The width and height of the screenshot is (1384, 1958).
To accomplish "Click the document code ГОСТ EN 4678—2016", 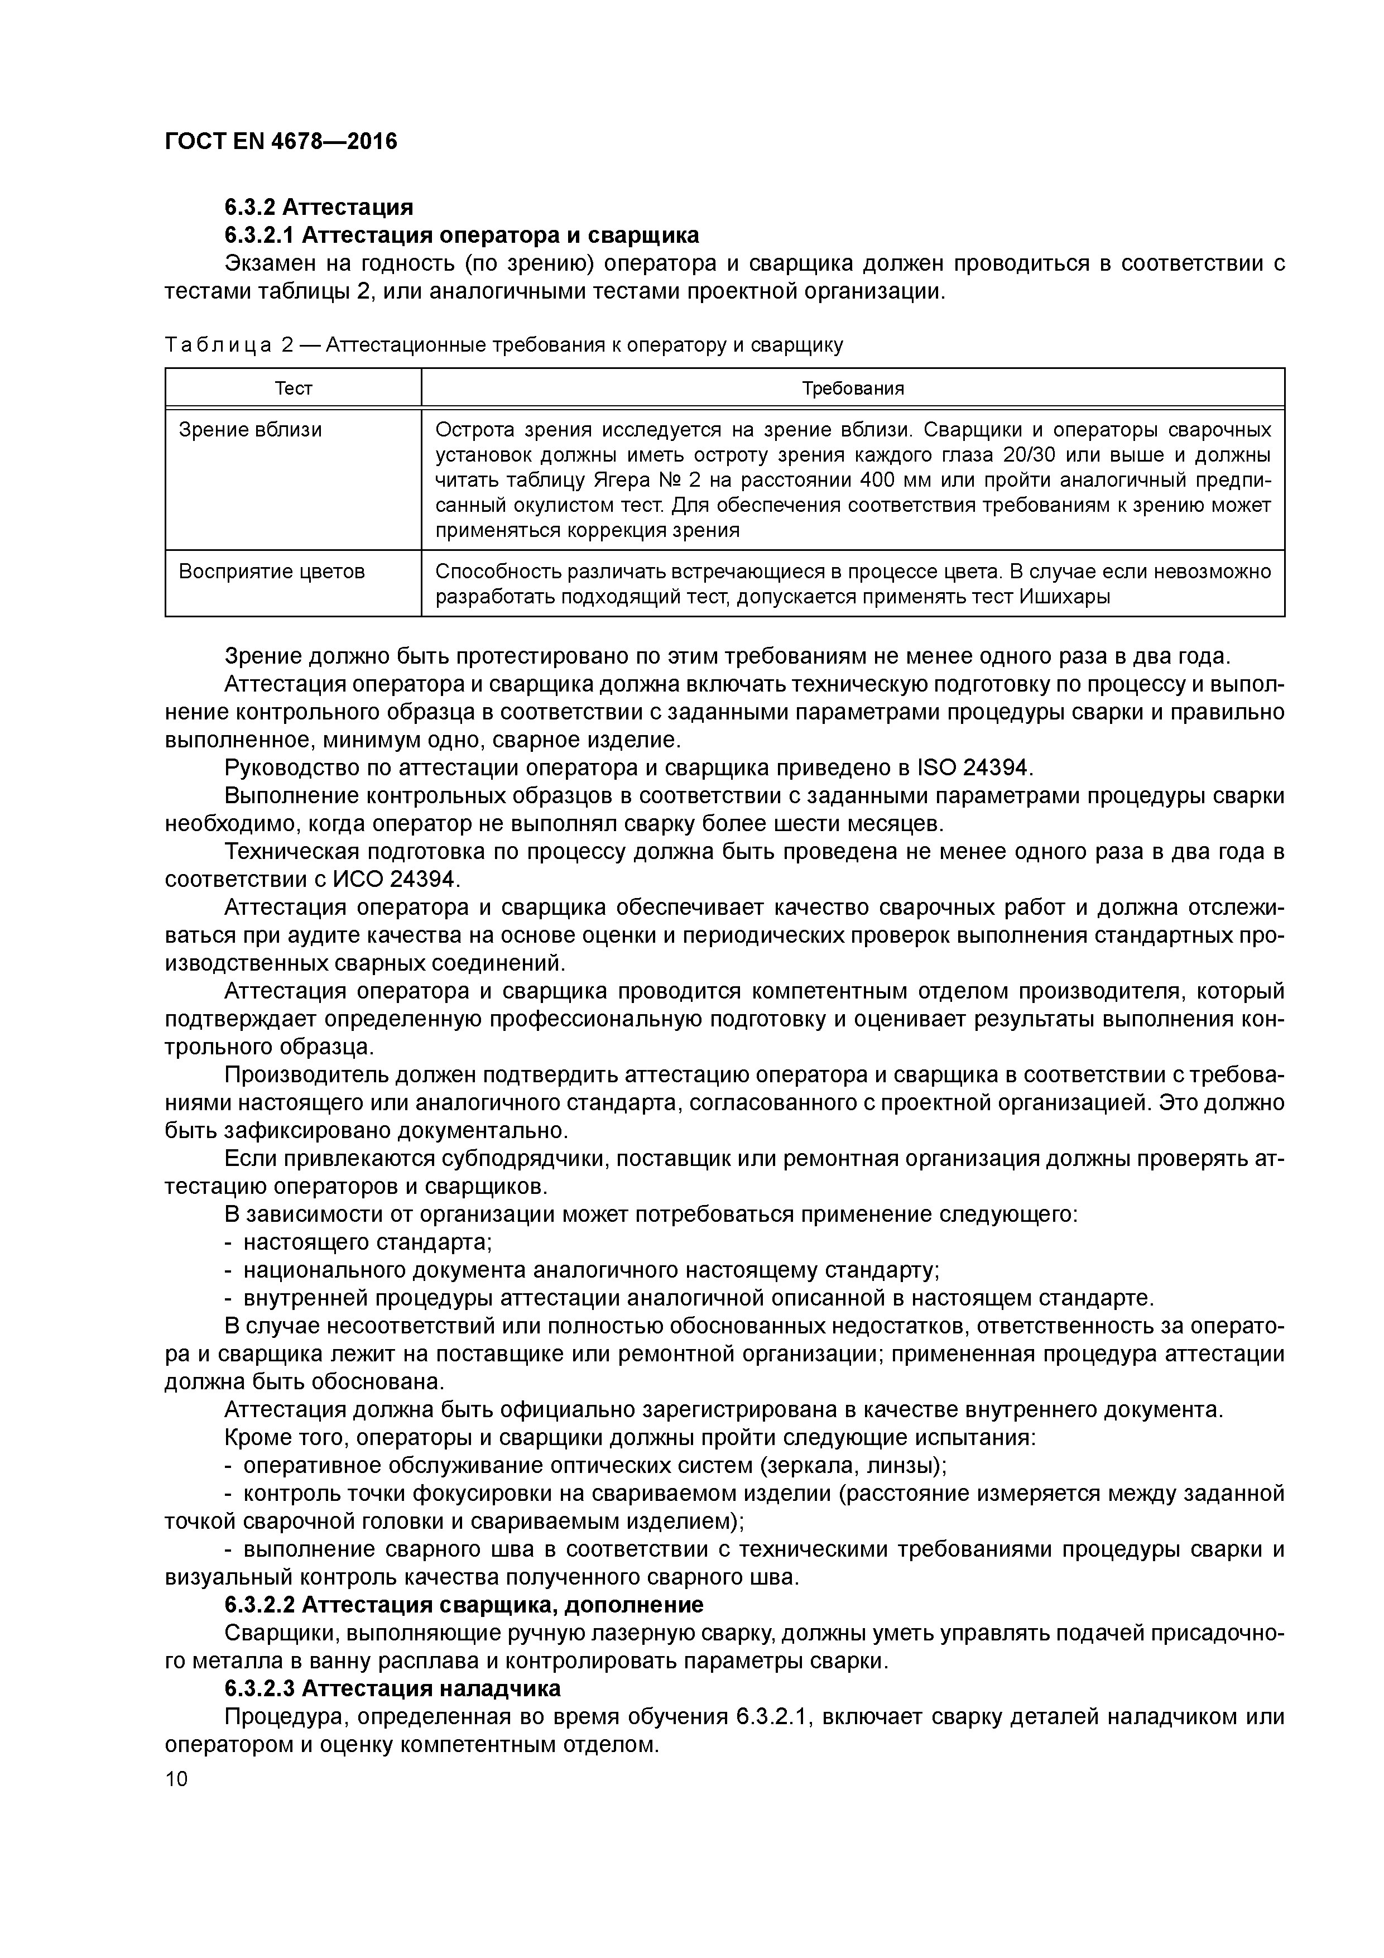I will [281, 142].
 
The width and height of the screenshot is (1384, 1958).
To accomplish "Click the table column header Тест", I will [294, 389].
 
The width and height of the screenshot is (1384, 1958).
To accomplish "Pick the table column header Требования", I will [852, 389].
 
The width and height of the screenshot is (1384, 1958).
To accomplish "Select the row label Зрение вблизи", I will [250, 430].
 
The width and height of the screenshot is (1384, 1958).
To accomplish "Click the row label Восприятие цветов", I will [271, 572].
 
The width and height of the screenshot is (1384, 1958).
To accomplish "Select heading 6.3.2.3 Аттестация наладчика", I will [392, 1688].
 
